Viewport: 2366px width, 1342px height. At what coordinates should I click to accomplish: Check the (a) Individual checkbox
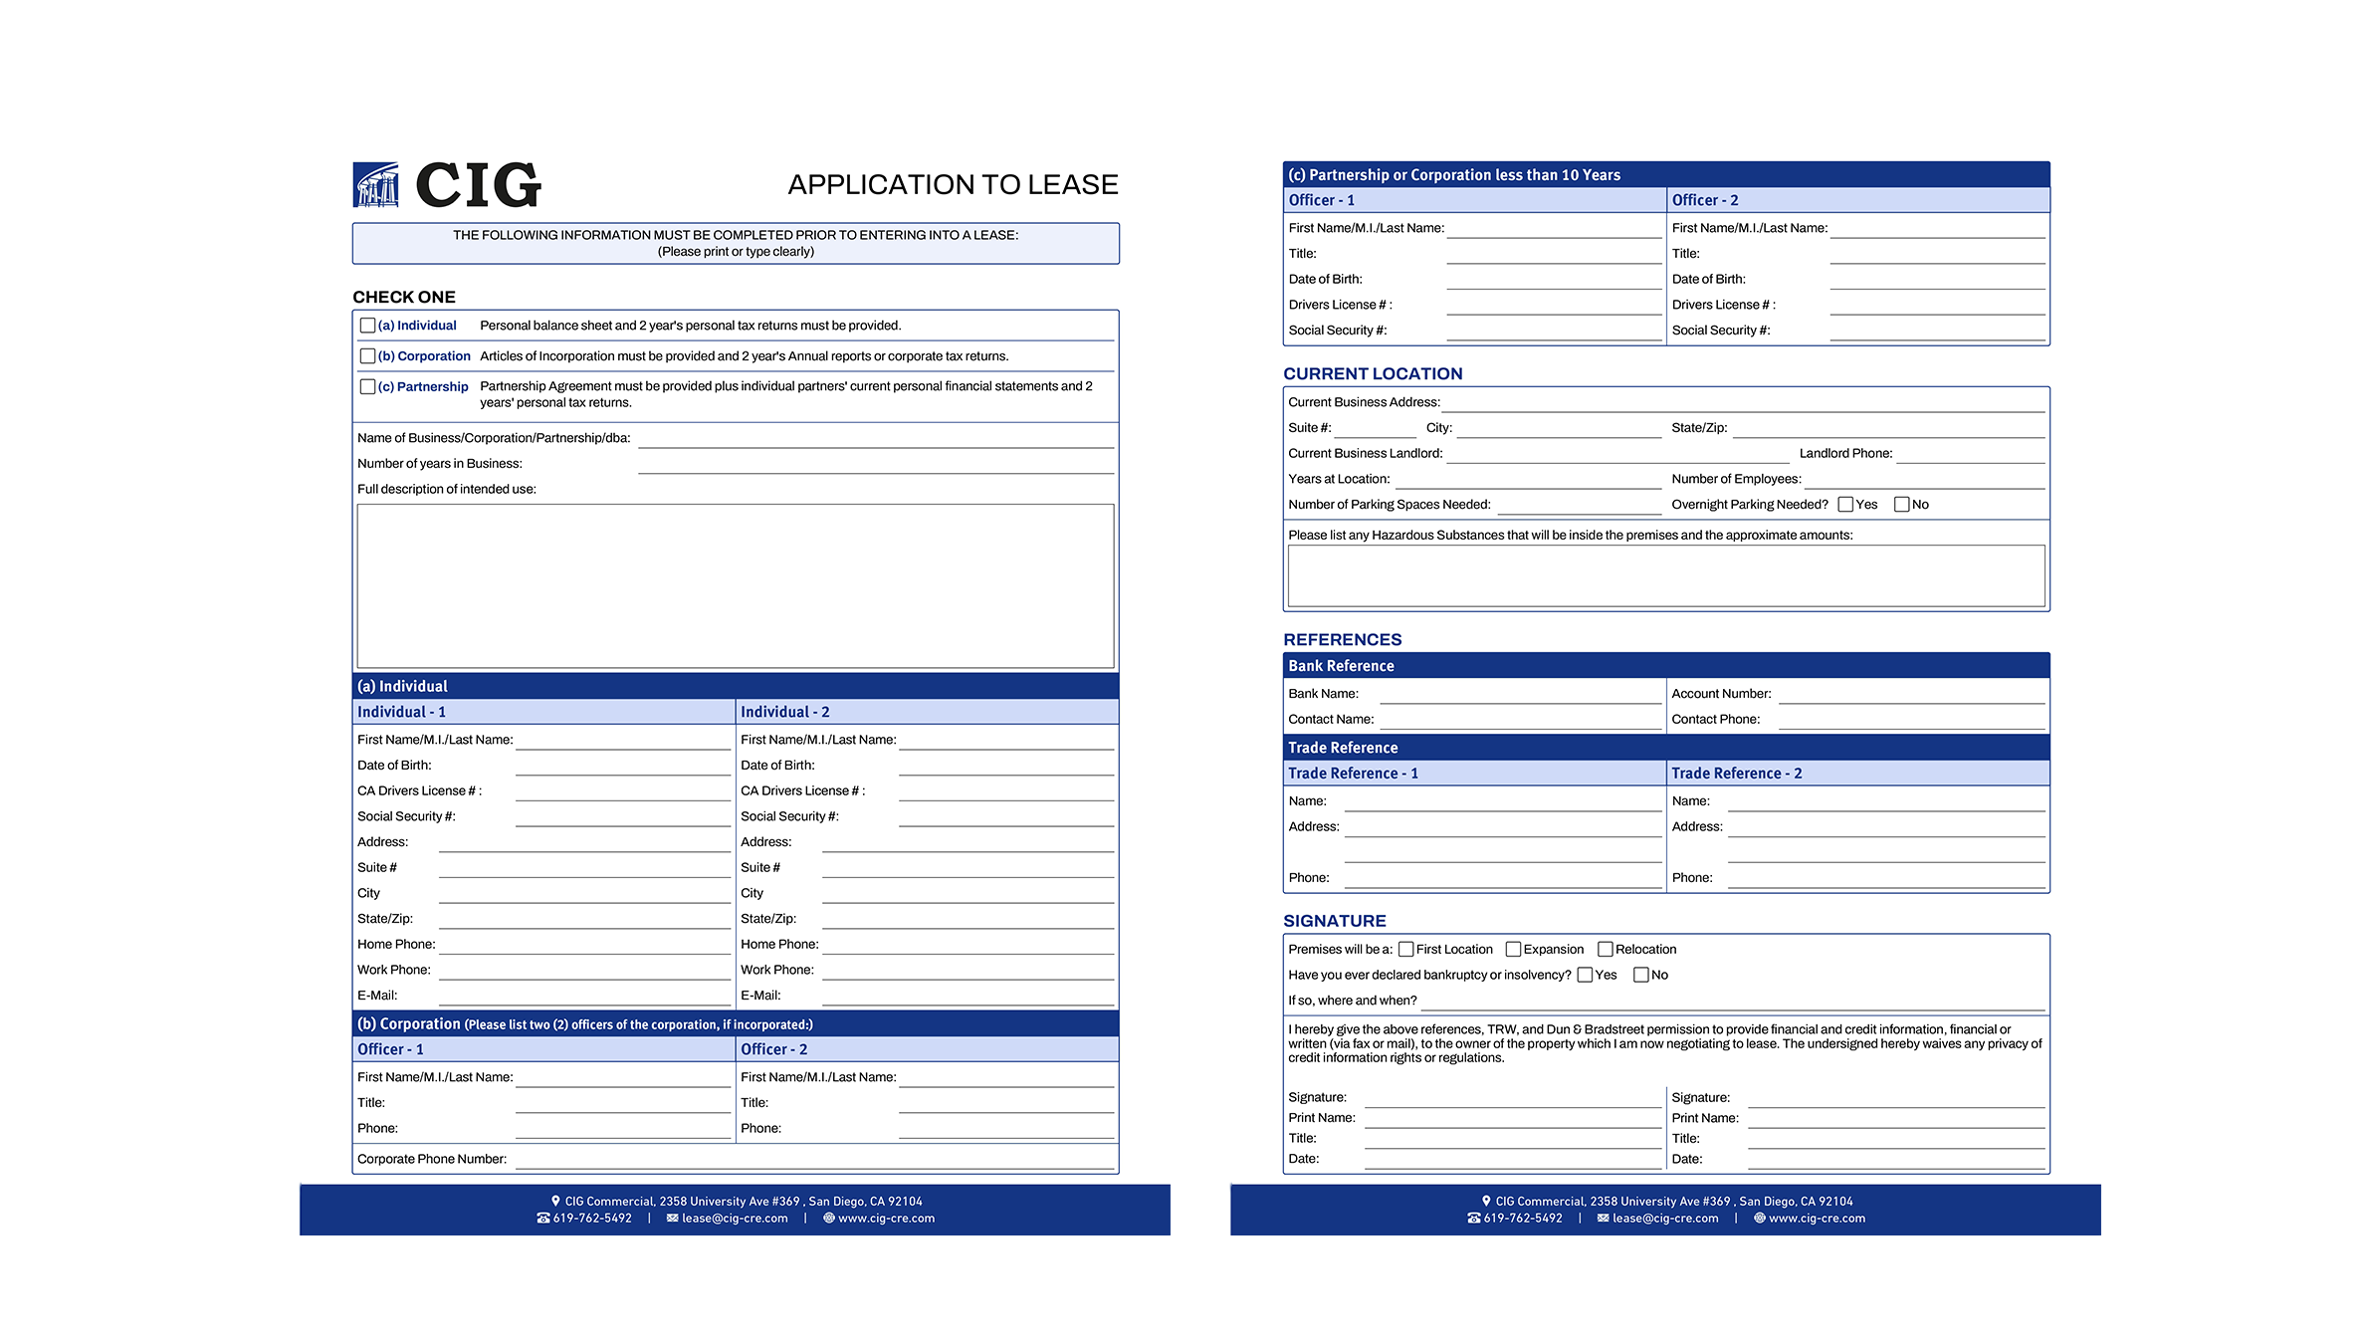tap(367, 326)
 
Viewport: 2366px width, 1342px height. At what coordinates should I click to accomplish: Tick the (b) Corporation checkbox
tap(367, 356)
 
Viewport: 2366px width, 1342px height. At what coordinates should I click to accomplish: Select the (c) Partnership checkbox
tap(367, 387)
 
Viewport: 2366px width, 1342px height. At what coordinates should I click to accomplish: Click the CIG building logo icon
tap(376, 185)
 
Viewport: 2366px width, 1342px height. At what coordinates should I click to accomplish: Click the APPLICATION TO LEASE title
tap(953, 185)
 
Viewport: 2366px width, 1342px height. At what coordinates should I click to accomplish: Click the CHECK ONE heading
tap(404, 297)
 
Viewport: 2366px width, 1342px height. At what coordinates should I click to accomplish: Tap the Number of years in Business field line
tap(875, 465)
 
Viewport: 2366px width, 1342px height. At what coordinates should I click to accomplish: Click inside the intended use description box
tap(735, 585)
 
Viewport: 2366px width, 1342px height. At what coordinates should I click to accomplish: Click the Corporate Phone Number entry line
tap(813, 1160)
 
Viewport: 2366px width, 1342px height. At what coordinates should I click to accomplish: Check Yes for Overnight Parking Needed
tap(1845, 505)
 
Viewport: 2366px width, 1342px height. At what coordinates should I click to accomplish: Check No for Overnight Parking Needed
tap(1901, 505)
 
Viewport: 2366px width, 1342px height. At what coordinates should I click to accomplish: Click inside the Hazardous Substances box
tap(1665, 575)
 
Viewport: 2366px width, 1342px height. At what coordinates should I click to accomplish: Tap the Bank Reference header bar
tap(1665, 666)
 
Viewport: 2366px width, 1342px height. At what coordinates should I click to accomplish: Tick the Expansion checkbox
tap(1513, 950)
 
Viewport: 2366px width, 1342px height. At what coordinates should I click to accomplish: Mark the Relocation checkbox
tap(1605, 950)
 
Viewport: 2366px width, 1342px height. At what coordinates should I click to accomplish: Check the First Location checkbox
tap(1405, 950)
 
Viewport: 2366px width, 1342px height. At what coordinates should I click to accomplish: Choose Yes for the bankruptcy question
tap(1585, 976)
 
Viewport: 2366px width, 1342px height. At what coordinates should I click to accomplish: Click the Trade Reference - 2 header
tap(1736, 774)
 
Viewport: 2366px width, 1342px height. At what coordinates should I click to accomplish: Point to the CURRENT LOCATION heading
tap(1373, 374)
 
